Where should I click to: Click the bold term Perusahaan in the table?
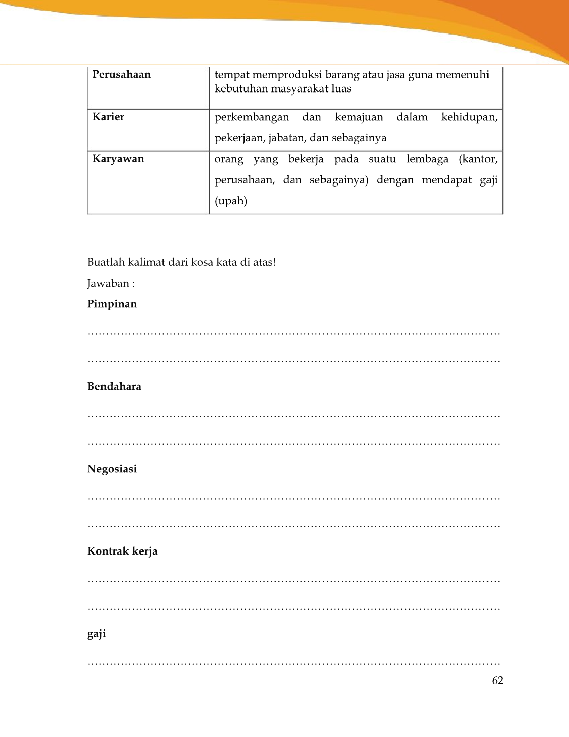point(121,75)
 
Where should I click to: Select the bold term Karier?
point(108,117)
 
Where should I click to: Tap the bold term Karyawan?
point(118,159)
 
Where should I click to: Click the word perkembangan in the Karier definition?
point(252,117)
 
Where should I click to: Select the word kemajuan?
point(359,117)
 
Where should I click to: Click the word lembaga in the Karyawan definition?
point(427,159)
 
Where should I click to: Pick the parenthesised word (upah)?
point(230,201)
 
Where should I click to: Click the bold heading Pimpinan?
point(112,304)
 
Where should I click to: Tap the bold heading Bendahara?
point(114,387)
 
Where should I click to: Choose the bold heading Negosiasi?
point(112,469)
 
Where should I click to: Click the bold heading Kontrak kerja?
point(122,551)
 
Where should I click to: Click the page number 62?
point(497,681)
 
